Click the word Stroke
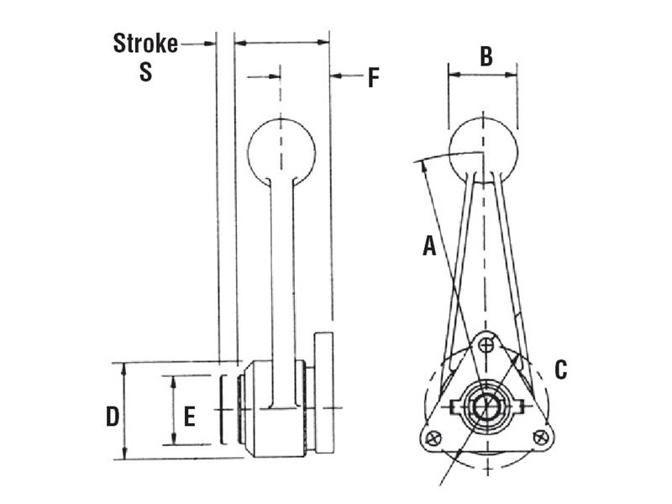145,43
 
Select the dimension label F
373,78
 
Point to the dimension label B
486,56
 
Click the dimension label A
429,246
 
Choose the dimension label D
112,414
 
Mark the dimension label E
189,415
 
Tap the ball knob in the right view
483,149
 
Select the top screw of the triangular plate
486,344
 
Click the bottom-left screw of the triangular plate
433,437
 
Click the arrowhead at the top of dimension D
124,367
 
